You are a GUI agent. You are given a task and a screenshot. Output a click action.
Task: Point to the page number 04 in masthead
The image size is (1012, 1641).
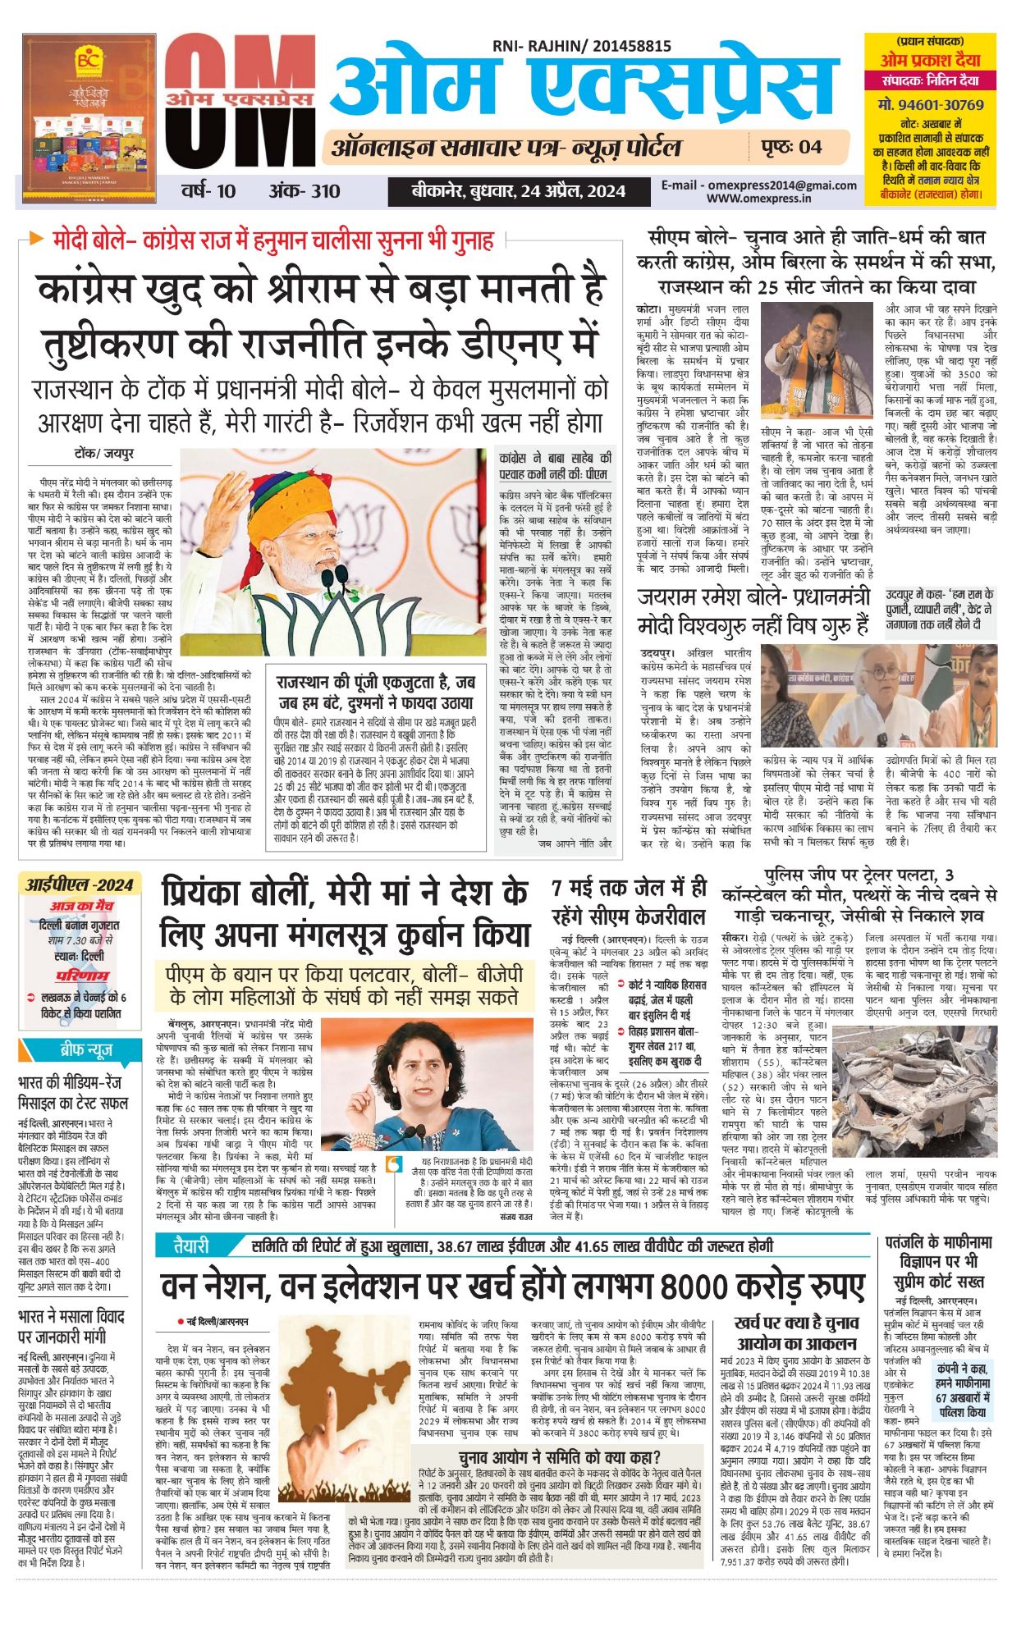[x=810, y=147]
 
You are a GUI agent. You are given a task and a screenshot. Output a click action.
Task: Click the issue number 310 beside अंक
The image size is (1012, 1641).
[x=326, y=191]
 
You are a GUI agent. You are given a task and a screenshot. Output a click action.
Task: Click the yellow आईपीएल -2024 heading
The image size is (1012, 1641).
[x=79, y=884]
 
